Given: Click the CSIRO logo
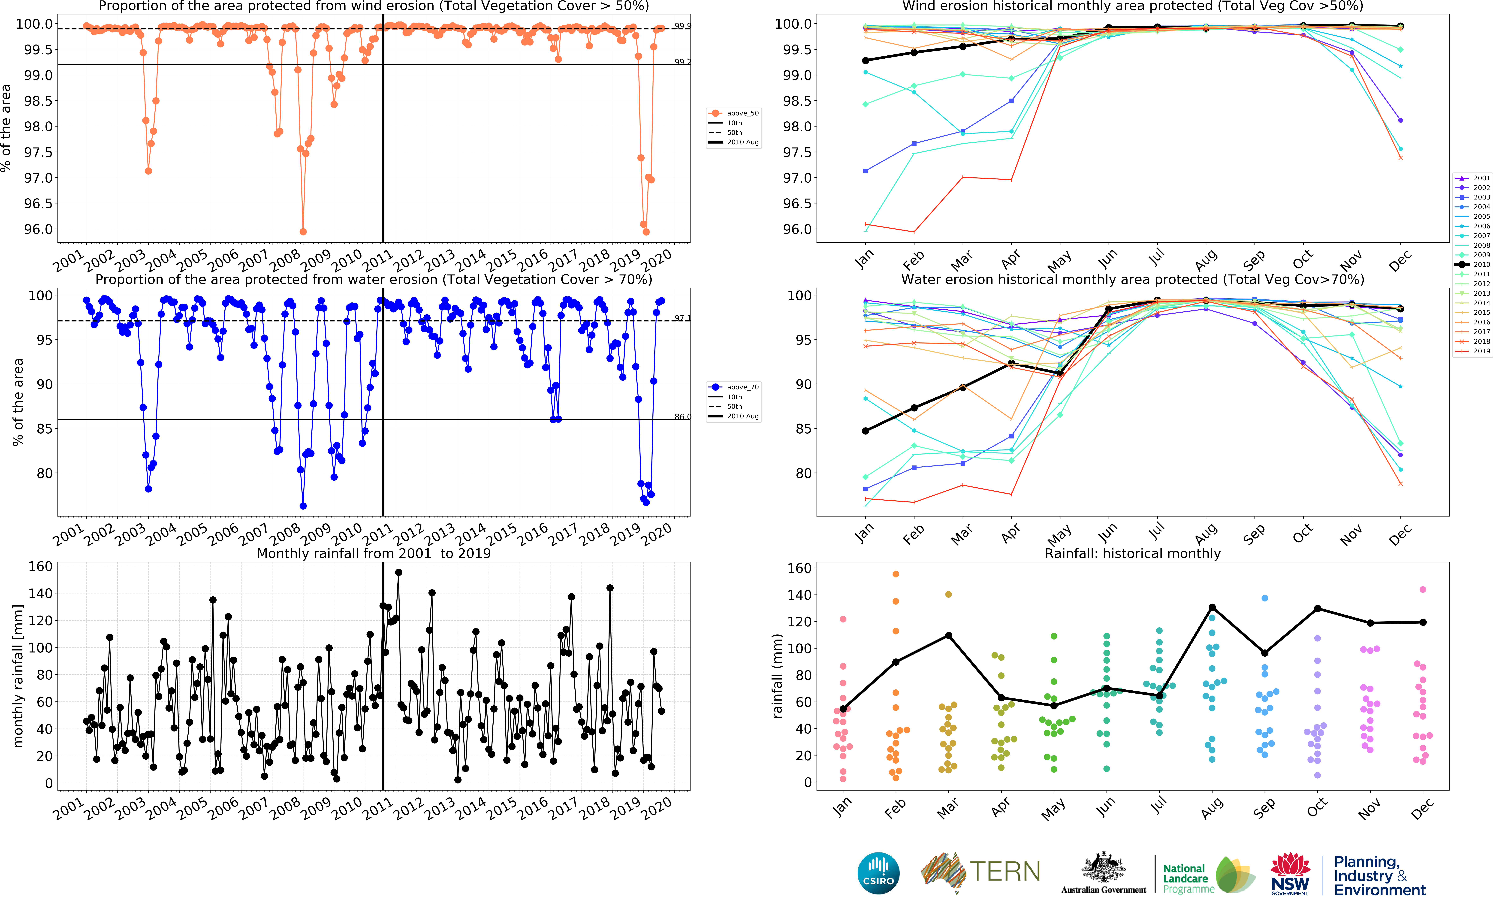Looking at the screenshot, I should (x=878, y=873).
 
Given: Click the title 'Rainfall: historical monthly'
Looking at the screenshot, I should (x=1132, y=553).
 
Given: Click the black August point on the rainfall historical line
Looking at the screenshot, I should (x=1212, y=607).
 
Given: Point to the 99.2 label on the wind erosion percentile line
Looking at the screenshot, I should (x=682, y=62).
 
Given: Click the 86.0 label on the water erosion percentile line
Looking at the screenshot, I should (x=682, y=417).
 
